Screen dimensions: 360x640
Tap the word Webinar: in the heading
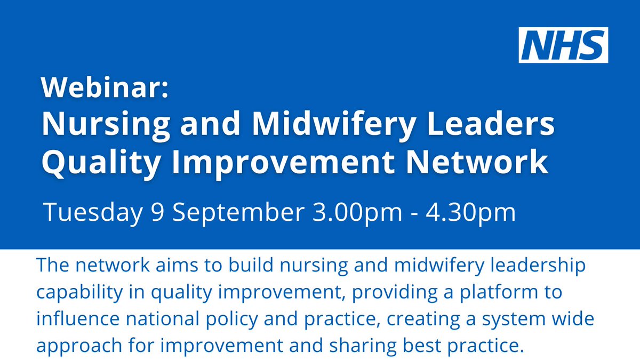(x=105, y=88)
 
